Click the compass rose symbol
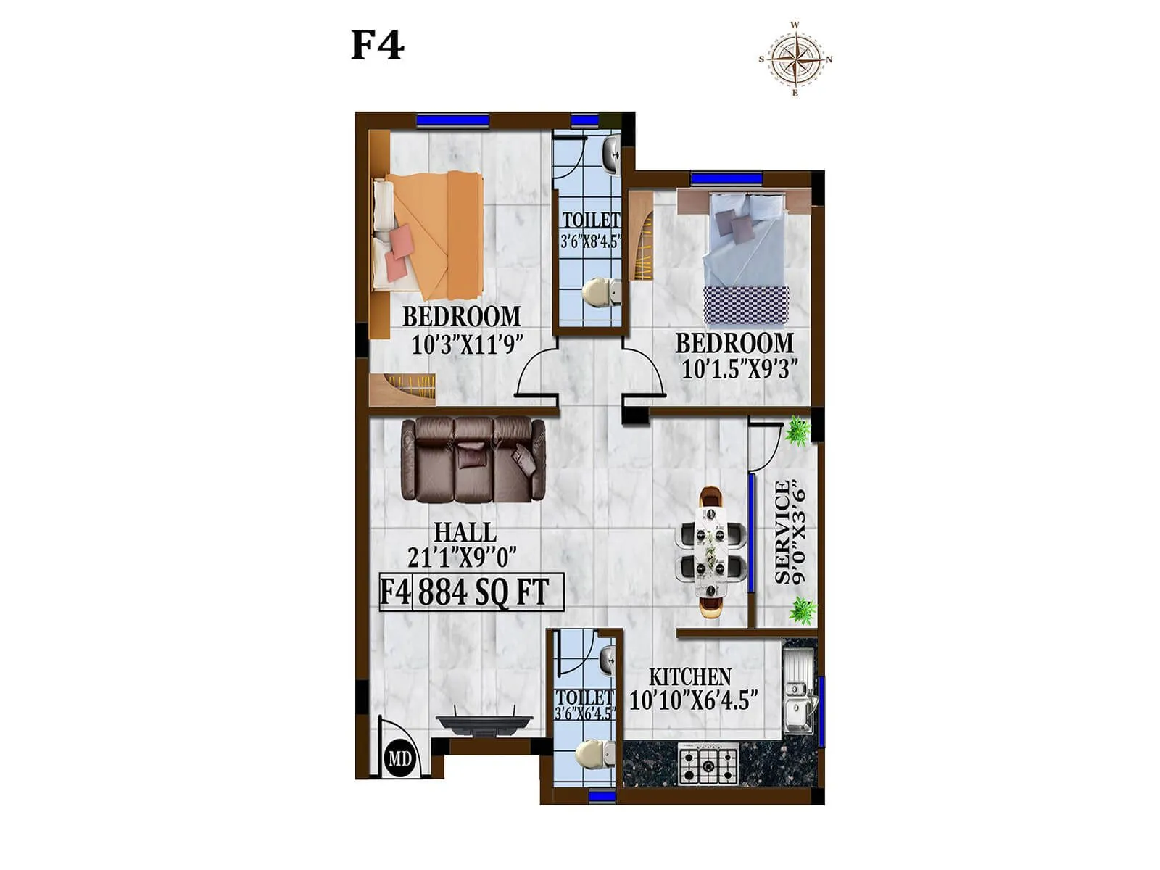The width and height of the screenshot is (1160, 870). coord(795,59)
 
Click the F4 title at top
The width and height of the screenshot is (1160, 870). coord(377,45)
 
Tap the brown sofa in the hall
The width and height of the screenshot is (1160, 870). coord(473,459)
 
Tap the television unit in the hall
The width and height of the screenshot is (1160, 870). coord(484,723)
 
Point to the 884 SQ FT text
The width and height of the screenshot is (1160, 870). coord(484,592)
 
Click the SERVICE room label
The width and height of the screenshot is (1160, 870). coord(782,533)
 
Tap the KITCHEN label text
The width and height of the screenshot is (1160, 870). coord(689,677)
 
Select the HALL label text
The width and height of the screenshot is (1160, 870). coord(465,532)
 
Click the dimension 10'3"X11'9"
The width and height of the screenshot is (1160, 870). coord(467,344)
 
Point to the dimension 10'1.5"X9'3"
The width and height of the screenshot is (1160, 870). coord(739,370)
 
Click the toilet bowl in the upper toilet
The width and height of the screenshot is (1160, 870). coord(599,291)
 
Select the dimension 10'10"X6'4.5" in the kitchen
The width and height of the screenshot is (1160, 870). coord(693,700)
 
